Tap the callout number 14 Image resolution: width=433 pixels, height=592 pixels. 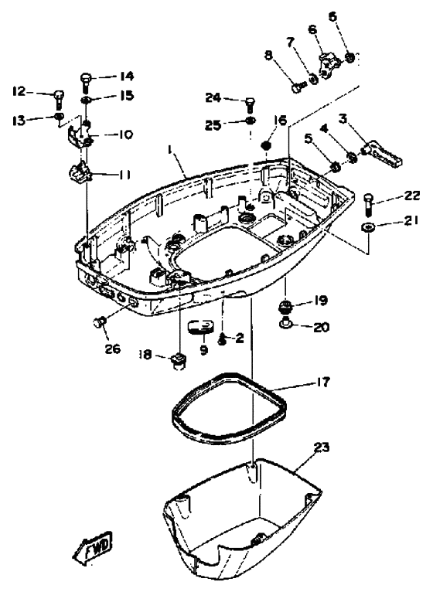[x=127, y=77]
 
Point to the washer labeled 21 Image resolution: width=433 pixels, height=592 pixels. [x=367, y=227]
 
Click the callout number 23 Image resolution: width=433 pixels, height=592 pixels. [x=322, y=447]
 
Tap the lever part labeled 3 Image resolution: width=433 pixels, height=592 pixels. [x=383, y=154]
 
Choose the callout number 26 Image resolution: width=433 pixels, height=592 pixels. [x=113, y=349]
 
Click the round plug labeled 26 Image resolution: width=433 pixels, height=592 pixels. [x=99, y=323]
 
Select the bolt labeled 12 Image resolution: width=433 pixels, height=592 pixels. [x=59, y=99]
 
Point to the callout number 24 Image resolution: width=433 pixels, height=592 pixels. [x=213, y=97]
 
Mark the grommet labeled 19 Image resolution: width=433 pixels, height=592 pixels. [x=286, y=306]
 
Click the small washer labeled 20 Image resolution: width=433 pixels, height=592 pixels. [x=286, y=324]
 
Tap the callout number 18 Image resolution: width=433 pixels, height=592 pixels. [x=145, y=354]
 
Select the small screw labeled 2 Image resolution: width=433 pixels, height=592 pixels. [x=222, y=340]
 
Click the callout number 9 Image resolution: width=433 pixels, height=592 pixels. [x=204, y=350]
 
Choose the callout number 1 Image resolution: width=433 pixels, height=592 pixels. [x=169, y=150]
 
